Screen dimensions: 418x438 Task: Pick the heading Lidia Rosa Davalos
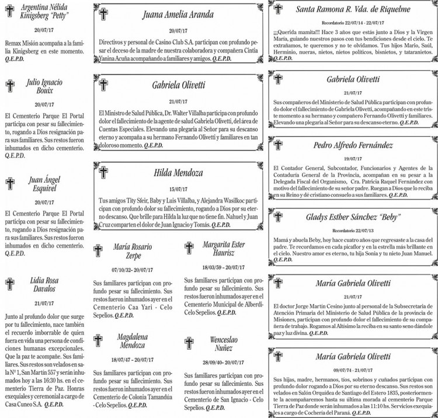tap(44, 284)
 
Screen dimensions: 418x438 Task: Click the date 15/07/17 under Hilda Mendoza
tap(176, 189)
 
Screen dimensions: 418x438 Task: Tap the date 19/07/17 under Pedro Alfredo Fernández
tap(353, 158)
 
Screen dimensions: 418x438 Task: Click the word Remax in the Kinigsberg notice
tap(13, 43)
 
